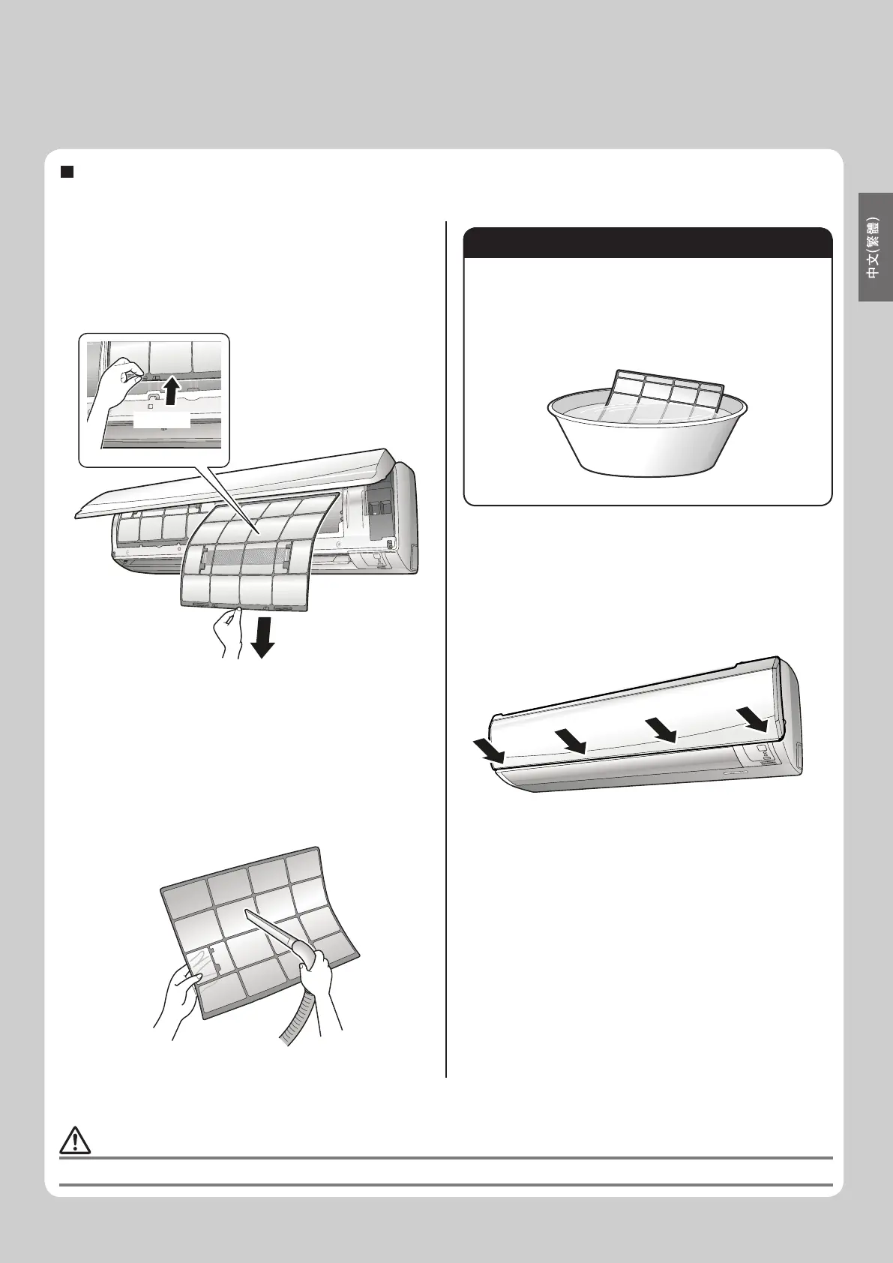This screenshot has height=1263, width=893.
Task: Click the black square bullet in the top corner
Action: (x=67, y=172)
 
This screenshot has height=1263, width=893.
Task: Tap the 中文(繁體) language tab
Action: (x=876, y=247)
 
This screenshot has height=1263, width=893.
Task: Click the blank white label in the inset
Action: (x=162, y=419)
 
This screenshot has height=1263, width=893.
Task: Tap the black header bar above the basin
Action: (x=648, y=242)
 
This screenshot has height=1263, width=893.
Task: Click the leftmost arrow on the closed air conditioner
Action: (x=490, y=754)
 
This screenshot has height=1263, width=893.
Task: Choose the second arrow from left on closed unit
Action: (x=571, y=741)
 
